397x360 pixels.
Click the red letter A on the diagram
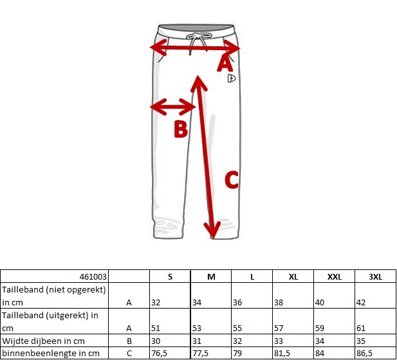[225, 63]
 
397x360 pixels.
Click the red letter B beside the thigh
[181, 129]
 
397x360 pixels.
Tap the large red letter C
[232, 180]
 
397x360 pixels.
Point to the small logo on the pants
[232, 79]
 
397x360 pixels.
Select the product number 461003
[95, 276]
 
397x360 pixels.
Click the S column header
[170, 276]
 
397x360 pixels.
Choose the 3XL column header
[375, 276]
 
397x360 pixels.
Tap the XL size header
[293, 276]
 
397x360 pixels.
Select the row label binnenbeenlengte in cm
[50, 353]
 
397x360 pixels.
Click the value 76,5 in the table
[160, 353]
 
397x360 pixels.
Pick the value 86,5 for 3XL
[366, 353]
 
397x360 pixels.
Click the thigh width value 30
[156, 341]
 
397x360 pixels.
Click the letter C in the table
[129, 353]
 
